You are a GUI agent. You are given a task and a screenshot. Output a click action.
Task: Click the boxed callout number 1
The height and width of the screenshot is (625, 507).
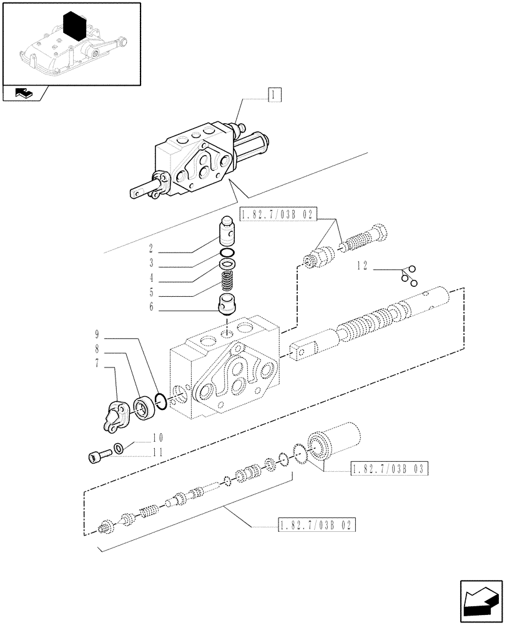[274, 95]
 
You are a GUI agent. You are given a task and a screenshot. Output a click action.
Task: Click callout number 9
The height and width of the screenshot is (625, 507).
[97, 335]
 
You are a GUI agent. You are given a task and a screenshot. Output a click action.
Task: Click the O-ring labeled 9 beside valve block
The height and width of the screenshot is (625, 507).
[160, 402]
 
